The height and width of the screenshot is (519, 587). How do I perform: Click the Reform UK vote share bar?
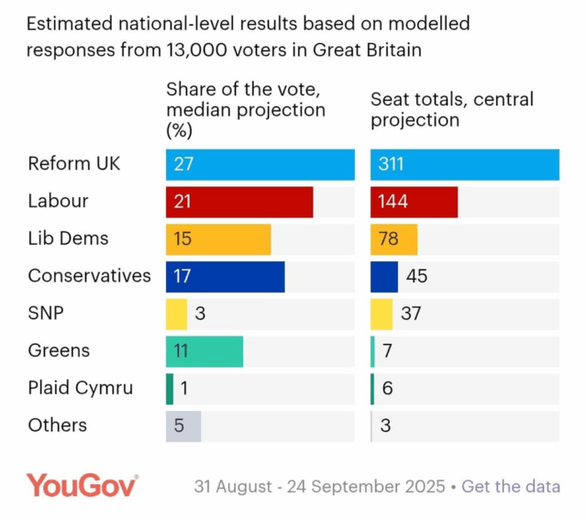click(260, 164)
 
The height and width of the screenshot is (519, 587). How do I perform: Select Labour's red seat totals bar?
click(414, 202)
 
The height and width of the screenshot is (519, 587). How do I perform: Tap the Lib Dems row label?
click(68, 238)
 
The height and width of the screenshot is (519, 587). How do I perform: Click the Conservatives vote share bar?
click(225, 276)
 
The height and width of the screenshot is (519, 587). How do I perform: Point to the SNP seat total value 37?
click(411, 314)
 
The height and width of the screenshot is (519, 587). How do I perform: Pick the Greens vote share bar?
click(205, 351)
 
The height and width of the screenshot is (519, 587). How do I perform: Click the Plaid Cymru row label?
click(80, 388)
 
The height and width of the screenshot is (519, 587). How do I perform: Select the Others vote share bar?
click(183, 425)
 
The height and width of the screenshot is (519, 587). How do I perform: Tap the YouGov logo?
click(82, 485)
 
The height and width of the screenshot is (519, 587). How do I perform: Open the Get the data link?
click(511, 486)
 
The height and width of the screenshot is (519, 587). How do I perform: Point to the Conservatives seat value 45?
click(416, 276)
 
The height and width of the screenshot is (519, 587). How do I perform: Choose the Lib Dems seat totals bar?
click(393, 239)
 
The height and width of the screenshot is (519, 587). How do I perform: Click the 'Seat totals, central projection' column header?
click(451, 109)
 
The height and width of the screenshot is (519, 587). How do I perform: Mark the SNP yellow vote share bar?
click(176, 314)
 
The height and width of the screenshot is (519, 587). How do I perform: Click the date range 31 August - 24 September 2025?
click(319, 486)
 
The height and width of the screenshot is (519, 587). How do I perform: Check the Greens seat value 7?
click(388, 351)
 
